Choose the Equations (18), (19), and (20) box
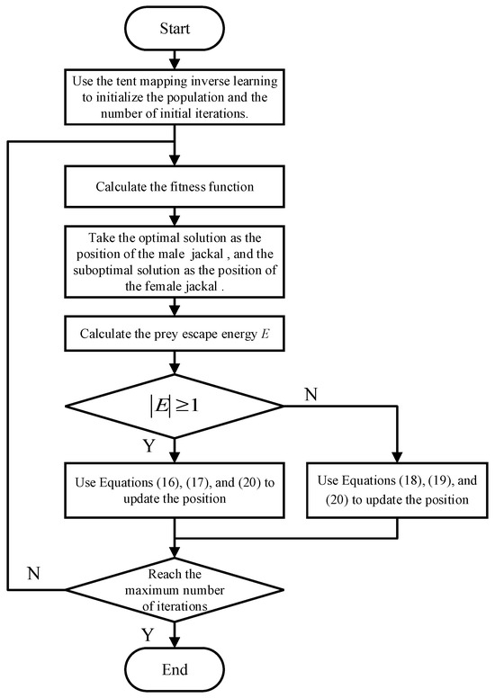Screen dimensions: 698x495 click(x=396, y=491)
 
